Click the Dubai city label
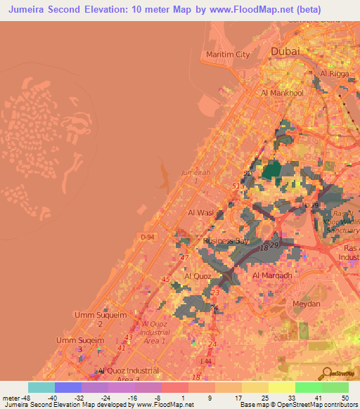[x=285, y=51]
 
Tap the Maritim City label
[x=228, y=55]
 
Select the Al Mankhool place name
[x=281, y=93]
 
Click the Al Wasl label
[x=200, y=212]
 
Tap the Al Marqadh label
[x=272, y=275]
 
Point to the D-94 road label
[x=146, y=238]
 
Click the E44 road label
[x=207, y=361]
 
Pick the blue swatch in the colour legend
[x=68, y=387]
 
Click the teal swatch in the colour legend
[x=41, y=387]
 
